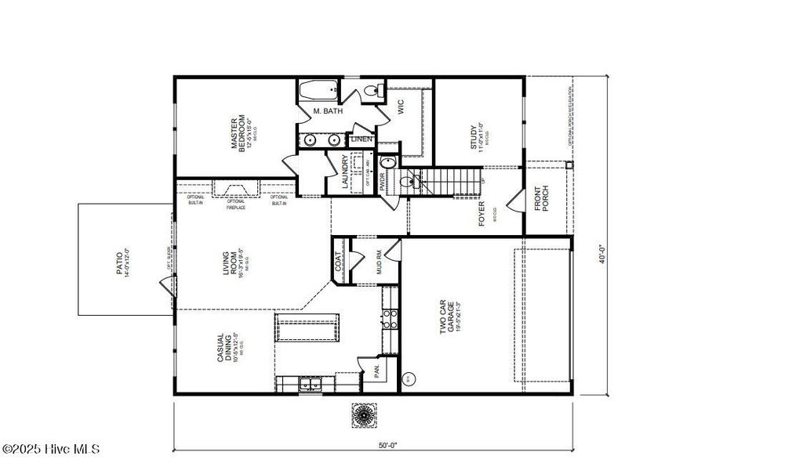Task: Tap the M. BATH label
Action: [x=328, y=112]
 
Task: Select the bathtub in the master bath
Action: [x=318, y=90]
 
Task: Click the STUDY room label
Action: [x=474, y=136]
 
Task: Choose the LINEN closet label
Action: [x=362, y=139]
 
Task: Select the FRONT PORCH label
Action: [x=543, y=199]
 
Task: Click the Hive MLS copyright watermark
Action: [x=51, y=449]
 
